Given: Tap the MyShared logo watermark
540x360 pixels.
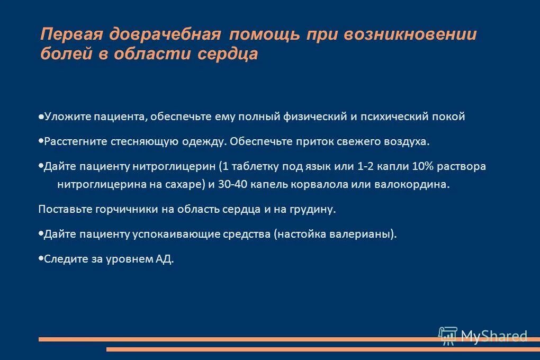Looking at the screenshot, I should tap(483, 335).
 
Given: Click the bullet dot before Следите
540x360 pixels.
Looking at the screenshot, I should tap(41, 259).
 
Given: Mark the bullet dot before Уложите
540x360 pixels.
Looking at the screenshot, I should tap(41, 116).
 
